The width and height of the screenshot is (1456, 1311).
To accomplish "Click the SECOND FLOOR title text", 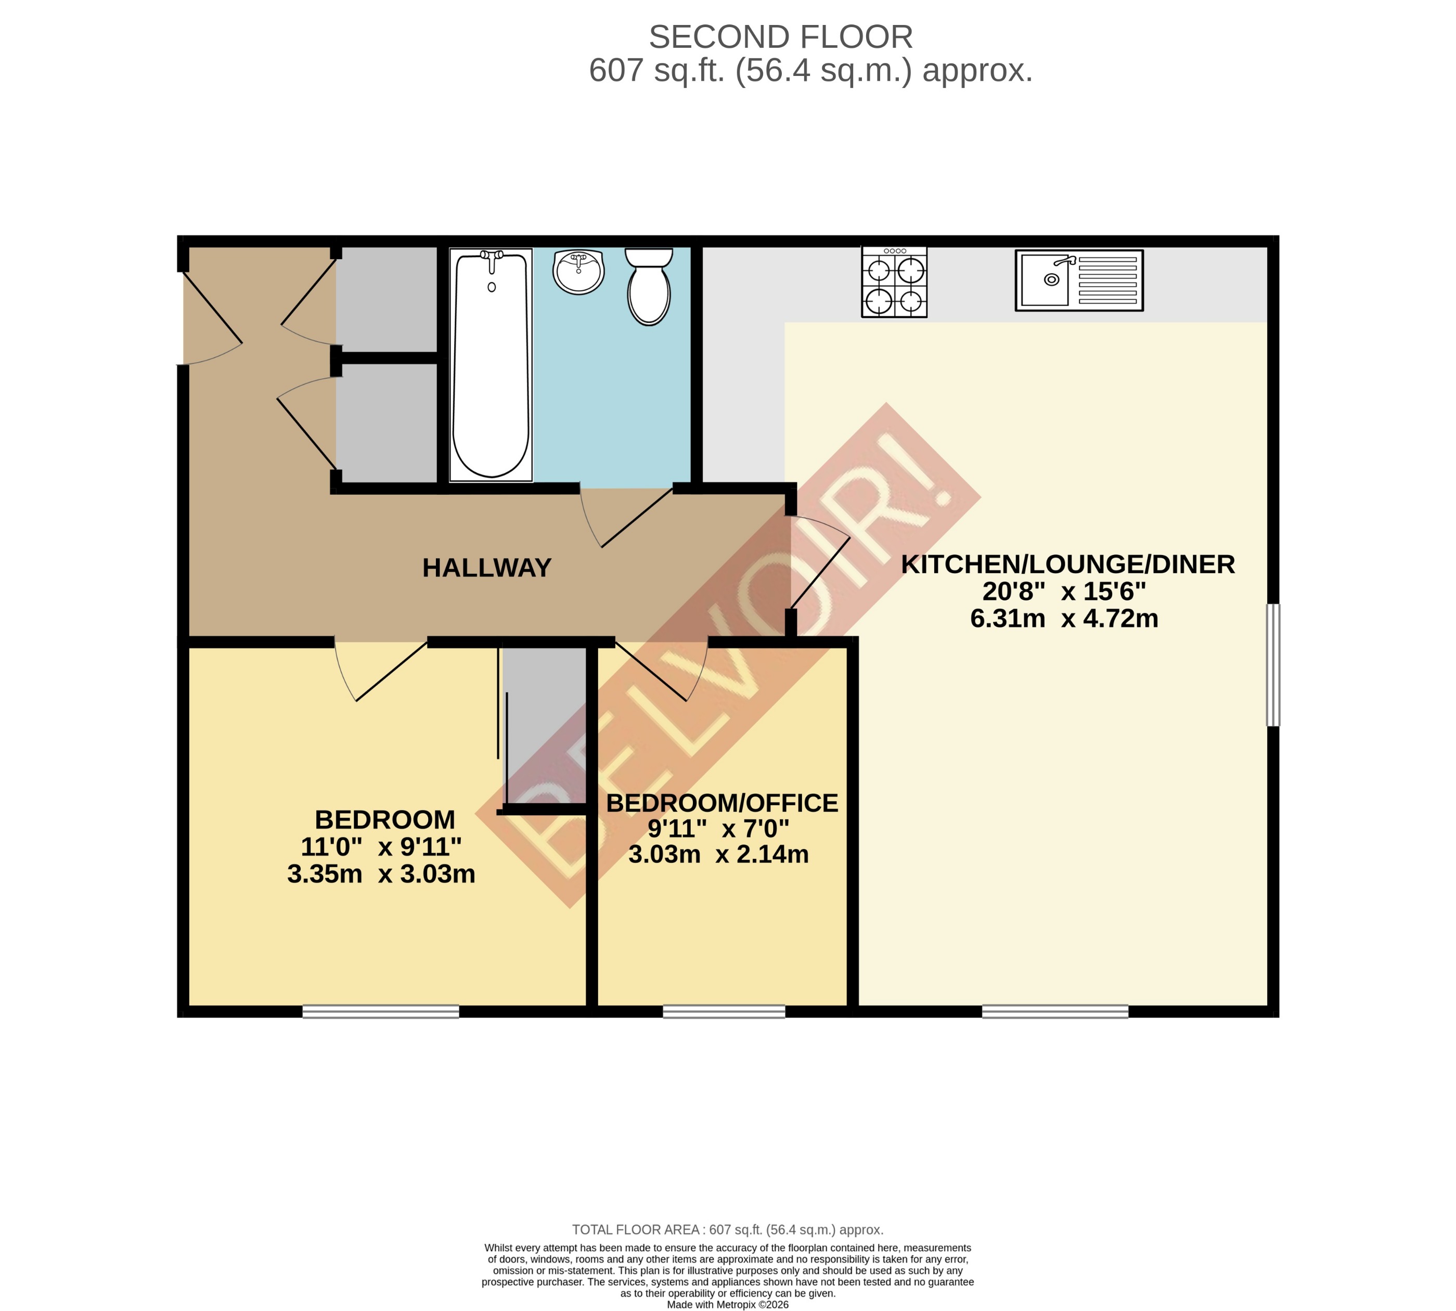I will (x=781, y=37).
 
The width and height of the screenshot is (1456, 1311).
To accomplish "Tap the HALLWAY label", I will (x=487, y=568).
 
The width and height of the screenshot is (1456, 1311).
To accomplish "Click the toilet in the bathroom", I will (x=649, y=287).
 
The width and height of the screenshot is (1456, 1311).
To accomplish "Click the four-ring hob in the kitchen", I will (x=894, y=281).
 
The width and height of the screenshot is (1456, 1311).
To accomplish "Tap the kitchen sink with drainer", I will (x=1079, y=280).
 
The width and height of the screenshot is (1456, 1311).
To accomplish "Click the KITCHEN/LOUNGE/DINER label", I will (x=1068, y=564).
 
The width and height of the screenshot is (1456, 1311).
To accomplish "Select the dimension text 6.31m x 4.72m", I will (x=1064, y=618).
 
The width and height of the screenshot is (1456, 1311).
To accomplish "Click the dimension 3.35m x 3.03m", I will (x=381, y=874).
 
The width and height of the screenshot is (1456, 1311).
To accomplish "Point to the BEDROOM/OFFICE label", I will (x=721, y=803).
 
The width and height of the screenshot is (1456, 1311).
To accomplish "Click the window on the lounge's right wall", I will (x=1272, y=664).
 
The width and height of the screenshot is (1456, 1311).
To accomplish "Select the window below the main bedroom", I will (x=380, y=1011).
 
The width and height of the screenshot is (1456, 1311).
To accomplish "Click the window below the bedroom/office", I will (x=723, y=1011).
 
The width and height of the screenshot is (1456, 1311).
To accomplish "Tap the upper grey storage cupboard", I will (x=386, y=299).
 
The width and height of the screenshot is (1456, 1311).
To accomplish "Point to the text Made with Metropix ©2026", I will (x=727, y=1305).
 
